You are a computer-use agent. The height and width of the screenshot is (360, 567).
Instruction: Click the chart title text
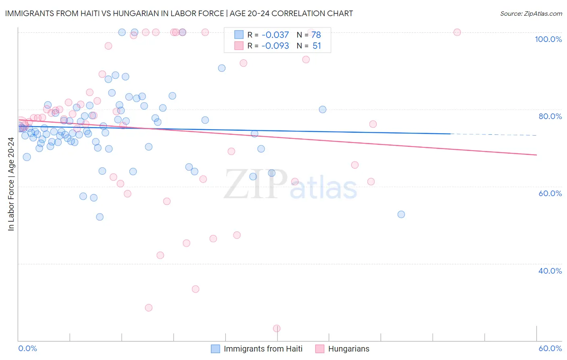pos(179,13)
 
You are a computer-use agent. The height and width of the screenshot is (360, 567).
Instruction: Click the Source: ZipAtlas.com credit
pos(531,13)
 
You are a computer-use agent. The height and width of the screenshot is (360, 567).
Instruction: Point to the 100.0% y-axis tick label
pos(548,39)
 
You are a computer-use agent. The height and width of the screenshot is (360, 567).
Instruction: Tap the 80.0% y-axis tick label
pos(550,116)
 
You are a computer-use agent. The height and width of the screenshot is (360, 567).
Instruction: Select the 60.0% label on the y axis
pos(550,193)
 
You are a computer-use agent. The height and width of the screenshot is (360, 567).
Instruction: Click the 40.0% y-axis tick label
pos(550,271)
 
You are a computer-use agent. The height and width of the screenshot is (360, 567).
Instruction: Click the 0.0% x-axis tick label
pos(27,348)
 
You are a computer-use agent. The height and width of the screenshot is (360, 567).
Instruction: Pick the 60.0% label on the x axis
pos(550,348)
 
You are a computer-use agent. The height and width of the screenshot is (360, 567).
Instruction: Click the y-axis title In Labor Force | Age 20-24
pos(11,184)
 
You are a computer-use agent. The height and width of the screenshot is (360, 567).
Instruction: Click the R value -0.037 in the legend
pos(275,35)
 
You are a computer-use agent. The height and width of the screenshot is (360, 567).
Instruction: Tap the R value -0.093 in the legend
pos(275,46)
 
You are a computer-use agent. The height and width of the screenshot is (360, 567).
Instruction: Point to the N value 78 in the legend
pos(316,35)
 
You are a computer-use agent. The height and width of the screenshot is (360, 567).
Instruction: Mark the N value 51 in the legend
pos(317,46)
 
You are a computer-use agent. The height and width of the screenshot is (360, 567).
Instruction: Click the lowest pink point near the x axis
pos(277,329)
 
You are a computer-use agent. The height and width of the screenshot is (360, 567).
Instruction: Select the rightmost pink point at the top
pos(457,32)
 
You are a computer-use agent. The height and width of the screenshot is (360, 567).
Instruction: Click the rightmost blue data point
pos(401,214)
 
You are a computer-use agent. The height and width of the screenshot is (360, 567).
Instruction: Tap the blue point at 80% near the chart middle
pos(322,109)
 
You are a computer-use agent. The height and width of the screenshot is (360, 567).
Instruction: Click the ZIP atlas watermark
pos(290,185)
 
